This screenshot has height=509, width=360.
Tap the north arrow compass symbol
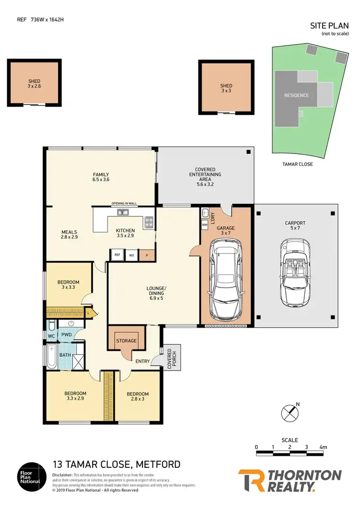pyautogui.click(x=289, y=412)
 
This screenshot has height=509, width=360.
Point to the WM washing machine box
pyautogui.click(x=205, y=225)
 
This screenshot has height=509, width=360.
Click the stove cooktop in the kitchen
pyautogui.click(x=149, y=222)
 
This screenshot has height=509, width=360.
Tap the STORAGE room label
pyautogui.click(x=127, y=341)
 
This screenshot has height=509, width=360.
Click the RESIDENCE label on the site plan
pyautogui.click(x=296, y=95)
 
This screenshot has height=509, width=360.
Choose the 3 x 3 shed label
pyautogui.click(x=226, y=89)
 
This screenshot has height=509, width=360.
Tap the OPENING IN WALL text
pyautogui.click(x=124, y=203)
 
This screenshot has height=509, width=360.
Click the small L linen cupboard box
pyautogui.click(x=88, y=312)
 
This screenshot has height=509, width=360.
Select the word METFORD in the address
pyautogui.click(x=159, y=464)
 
